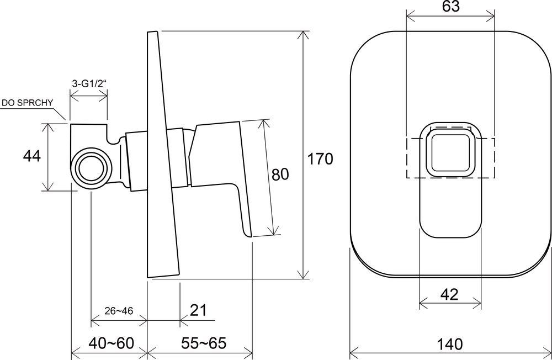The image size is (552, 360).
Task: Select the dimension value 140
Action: pyautogui.click(x=452, y=345)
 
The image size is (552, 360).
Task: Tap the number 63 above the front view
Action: pyautogui.click(x=451, y=7)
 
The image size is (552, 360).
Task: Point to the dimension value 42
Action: pyautogui.click(x=450, y=294)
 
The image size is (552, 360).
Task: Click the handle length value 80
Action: pyautogui.click(x=280, y=174)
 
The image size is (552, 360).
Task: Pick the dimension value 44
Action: pyautogui.click(x=31, y=157)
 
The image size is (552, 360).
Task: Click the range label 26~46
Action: pyautogui.click(x=118, y=310)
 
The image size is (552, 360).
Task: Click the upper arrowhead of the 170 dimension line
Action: pyautogui.click(x=302, y=35)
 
